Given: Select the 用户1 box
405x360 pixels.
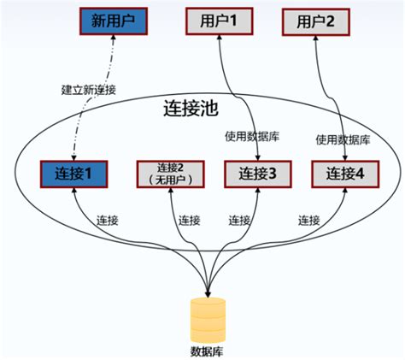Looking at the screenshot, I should click(x=218, y=21).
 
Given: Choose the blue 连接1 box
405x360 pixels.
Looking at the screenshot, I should click(x=74, y=174).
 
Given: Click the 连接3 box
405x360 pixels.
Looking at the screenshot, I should click(x=255, y=174).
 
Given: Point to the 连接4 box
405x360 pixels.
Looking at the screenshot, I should click(x=344, y=174).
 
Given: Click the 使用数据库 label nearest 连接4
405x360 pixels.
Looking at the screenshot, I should click(x=343, y=139).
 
